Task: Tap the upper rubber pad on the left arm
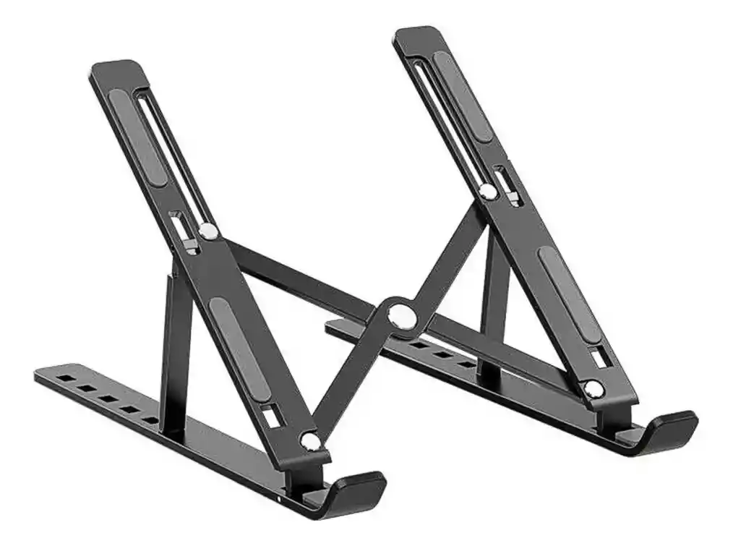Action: coord(137,138)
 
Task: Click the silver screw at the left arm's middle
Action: coord(208,231)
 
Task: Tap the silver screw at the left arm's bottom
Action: coord(310,440)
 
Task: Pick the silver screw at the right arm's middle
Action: coord(488,191)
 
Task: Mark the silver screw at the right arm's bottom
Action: coord(593,389)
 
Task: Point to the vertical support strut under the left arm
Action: coord(174,347)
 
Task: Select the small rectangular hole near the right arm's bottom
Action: coord(597,357)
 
